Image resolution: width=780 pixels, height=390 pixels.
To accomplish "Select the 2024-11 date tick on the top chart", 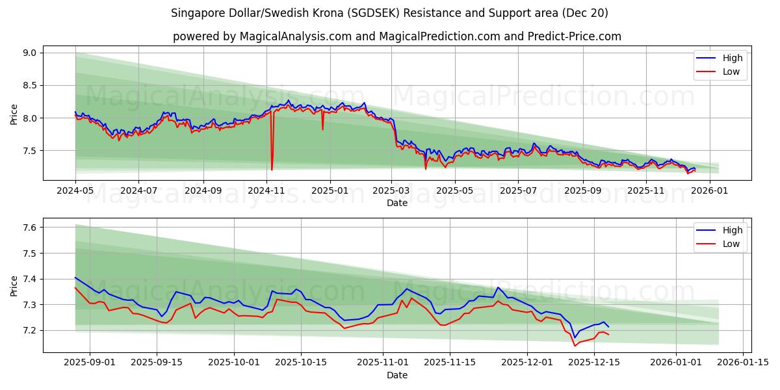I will click(266, 191).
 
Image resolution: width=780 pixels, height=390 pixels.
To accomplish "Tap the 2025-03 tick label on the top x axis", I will click(392, 191).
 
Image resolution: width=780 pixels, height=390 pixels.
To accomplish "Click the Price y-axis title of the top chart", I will click(14, 114).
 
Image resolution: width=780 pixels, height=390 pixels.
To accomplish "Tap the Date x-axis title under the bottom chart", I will click(396, 375).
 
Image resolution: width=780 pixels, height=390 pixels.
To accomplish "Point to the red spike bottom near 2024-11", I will click(272, 170).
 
